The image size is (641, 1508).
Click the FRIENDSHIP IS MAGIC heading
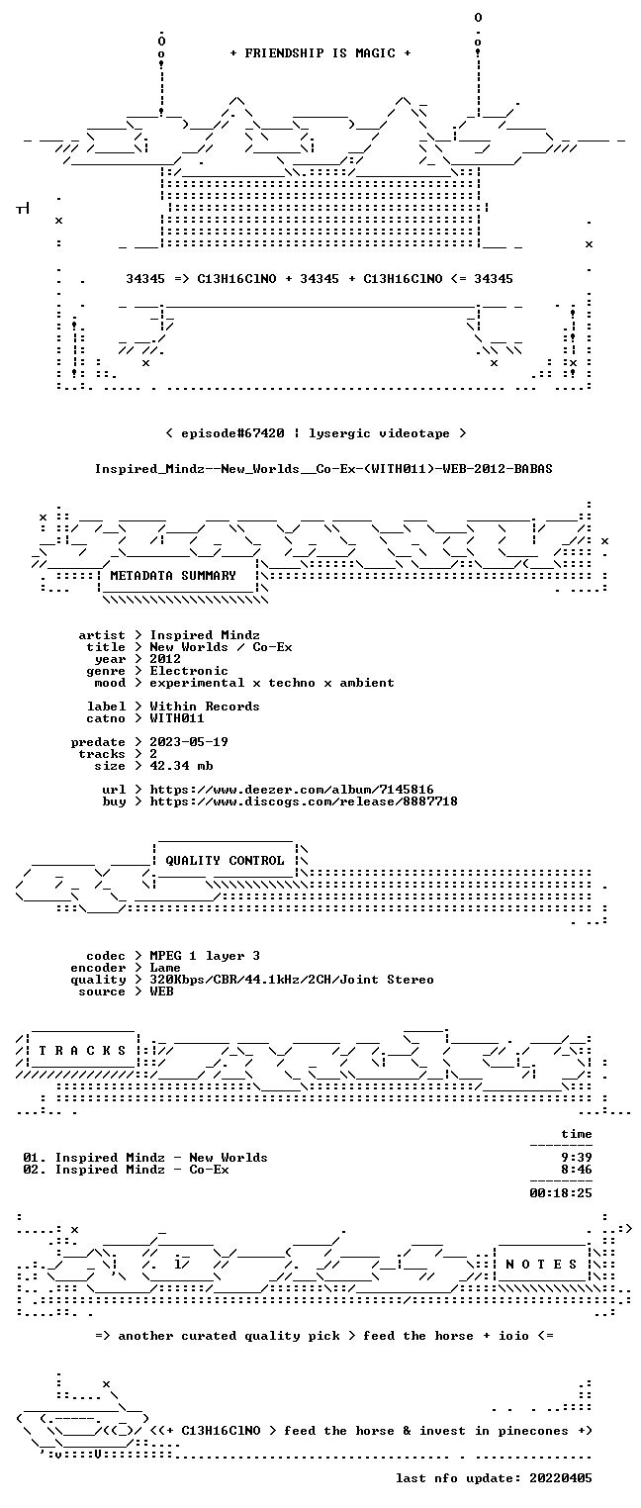pyautogui.click(x=320, y=53)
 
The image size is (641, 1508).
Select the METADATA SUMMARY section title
pyautogui.click(x=173, y=576)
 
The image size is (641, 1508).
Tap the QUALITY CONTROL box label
pyautogui.click(x=225, y=860)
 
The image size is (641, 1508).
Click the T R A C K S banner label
pyautogui.click(x=82, y=1050)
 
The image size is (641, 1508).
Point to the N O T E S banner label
pyautogui.click(x=541, y=1265)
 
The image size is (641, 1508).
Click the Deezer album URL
pyautogui.click(x=292, y=789)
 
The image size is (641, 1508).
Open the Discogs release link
pyautogui.click(x=304, y=801)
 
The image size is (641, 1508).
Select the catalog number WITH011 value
pyautogui.click(x=177, y=718)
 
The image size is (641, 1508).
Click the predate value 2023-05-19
pyautogui.click(x=189, y=742)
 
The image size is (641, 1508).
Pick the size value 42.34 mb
pyautogui.click(x=181, y=766)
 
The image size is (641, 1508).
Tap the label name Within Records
pyautogui.click(x=205, y=707)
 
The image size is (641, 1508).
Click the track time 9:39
pyautogui.click(x=577, y=1158)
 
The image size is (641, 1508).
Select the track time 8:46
pyautogui.click(x=577, y=1170)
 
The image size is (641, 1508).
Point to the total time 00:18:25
pyautogui.click(x=561, y=1193)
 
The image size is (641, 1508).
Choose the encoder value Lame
pyautogui.click(x=165, y=968)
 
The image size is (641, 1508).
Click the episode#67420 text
pyautogui.click(x=232, y=433)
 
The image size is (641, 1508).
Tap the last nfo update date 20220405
pyautogui.click(x=561, y=1478)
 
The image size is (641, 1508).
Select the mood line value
pyautogui.click(x=272, y=683)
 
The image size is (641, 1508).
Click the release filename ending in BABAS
pyautogui.click(x=323, y=469)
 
